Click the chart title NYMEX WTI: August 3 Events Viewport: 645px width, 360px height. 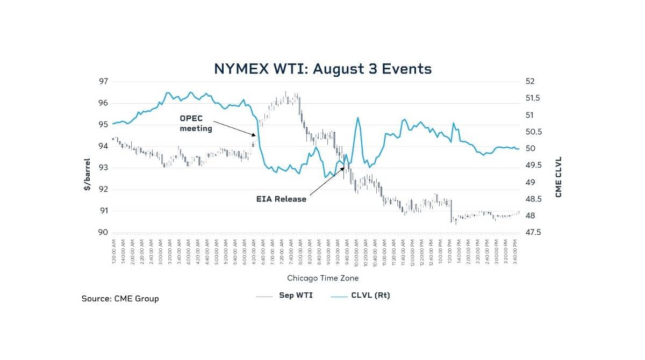coord(322,69)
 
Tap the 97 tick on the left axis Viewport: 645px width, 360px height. coord(103,81)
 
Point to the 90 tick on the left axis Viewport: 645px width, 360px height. coord(103,232)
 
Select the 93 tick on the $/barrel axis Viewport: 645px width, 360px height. coord(103,168)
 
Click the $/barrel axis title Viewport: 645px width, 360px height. coord(87,175)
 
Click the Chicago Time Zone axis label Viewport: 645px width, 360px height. coord(322,278)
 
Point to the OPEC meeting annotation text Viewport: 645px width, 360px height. coord(196,124)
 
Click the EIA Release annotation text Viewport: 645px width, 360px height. coord(281,199)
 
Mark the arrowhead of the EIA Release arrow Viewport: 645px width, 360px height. coord(344,166)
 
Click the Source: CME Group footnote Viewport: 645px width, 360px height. coord(120,298)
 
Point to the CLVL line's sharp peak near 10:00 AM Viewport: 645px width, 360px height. coord(357,118)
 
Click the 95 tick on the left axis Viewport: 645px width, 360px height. coord(103,125)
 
